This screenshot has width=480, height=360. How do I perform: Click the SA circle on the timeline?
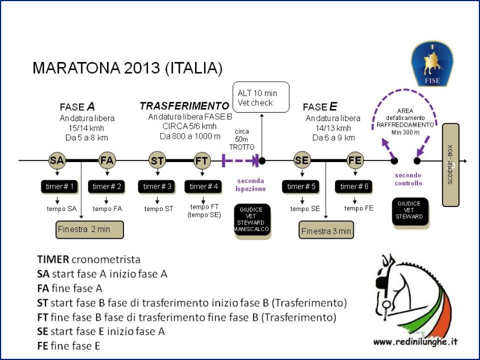[x=57, y=160]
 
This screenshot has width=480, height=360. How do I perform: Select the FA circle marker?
[x=107, y=160]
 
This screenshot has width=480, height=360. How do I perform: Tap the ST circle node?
[x=158, y=160]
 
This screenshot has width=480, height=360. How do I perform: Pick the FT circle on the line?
[x=202, y=160]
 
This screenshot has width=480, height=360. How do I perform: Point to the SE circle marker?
[x=302, y=160]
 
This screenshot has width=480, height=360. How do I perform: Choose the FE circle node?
[x=355, y=160]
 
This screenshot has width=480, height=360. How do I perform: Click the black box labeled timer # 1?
[x=59, y=187]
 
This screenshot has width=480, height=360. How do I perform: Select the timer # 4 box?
[x=203, y=187]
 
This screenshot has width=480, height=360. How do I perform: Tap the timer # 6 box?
[x=354, y=187]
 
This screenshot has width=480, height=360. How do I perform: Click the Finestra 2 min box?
[x=90, y=230]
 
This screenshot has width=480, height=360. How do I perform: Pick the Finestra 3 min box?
[x=326, y=230]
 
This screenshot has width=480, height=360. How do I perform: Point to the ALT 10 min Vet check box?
[x=261, y=97]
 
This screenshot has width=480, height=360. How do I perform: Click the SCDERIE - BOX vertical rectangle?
[x=450, y=165]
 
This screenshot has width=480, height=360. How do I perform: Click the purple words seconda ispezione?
[x=250, y=185]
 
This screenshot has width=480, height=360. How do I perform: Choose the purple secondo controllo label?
[x=408, y=179]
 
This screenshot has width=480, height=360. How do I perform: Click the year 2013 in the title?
[x=142, y=68]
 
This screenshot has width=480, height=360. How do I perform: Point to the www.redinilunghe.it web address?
[x=415, y=342]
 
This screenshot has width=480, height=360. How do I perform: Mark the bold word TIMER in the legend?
[x=53, y=259]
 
